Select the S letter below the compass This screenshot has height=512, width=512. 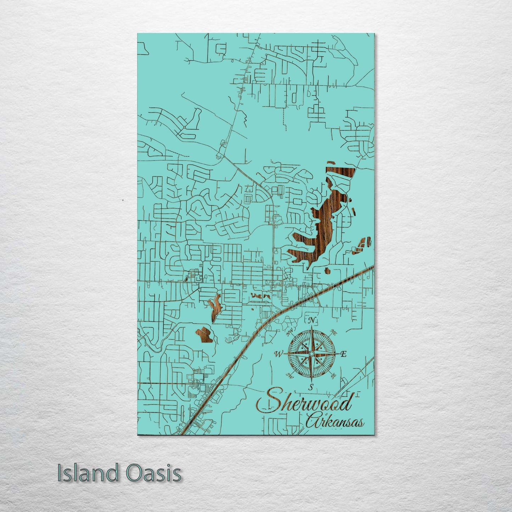311,387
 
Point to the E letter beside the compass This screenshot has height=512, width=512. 343,354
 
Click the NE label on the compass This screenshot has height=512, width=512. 333,332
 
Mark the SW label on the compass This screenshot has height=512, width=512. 289,375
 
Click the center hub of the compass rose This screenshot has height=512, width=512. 311,354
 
